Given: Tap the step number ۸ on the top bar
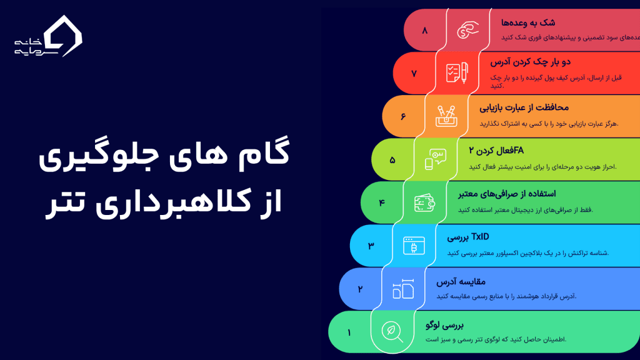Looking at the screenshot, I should [425, 30].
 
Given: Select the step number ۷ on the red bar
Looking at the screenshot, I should [414, 73].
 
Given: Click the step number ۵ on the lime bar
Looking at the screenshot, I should [392, 160].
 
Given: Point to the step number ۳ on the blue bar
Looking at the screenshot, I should [371, 246].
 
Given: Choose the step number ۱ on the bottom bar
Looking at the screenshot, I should [349, 332].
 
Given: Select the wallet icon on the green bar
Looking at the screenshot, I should [424, 202].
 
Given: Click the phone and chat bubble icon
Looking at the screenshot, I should [435, 159].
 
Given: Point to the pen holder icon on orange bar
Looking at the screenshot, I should [446, 116].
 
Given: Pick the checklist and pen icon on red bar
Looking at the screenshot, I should [456, 73].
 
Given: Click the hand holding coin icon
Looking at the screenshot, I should [467, 30].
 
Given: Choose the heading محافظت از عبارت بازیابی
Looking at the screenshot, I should [524, 108].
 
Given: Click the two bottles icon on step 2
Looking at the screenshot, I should [402, 289].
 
